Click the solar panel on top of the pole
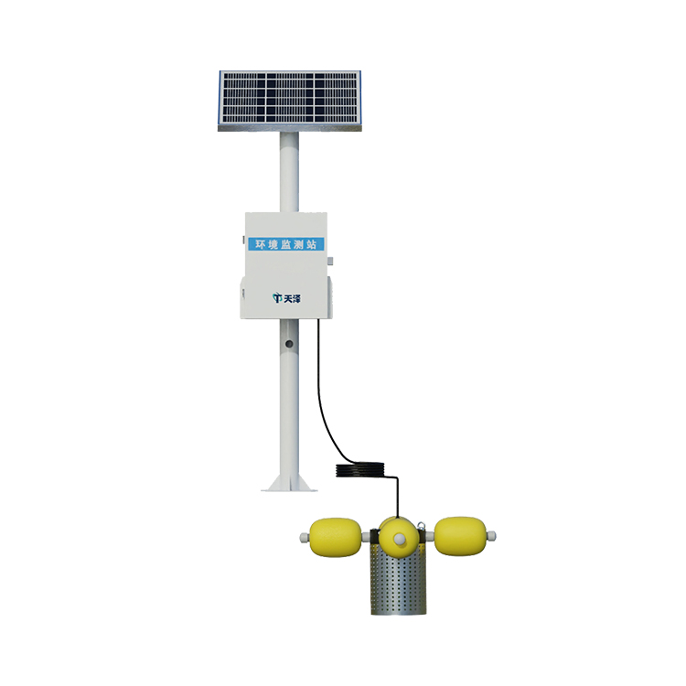290,101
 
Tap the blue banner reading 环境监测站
286,244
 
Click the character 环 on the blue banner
261,244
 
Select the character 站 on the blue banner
312,244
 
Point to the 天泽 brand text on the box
293,299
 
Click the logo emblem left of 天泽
277,298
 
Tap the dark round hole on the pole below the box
289,344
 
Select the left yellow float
336,536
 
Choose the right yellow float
460,536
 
